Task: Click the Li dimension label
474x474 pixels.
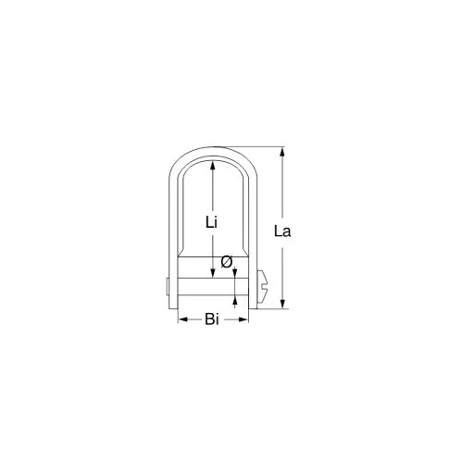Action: (x=211, y=221)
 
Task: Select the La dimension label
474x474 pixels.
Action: (x=283, y=231)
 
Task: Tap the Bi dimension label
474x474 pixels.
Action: (x=212, y=320)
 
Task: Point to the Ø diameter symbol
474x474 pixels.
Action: (x=226, y=262)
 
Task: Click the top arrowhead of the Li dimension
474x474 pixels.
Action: (x=213, y=164)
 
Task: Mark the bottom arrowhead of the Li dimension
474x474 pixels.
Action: (x=213, y=274)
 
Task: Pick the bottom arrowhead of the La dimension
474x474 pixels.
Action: (x=283, y=304)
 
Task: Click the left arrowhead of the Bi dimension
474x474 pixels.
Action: (x=181, y=320)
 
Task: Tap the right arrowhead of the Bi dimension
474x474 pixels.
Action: (x=245, y=320)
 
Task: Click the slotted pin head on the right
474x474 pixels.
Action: (x=266, y=287)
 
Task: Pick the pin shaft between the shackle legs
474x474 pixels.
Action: (x=213, y=287)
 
